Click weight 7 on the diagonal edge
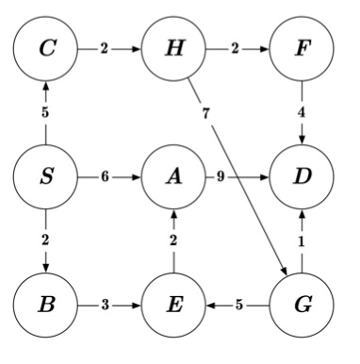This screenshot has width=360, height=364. pos(205,114)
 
